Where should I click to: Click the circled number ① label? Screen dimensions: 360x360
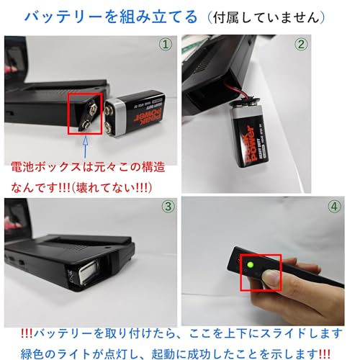166,44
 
